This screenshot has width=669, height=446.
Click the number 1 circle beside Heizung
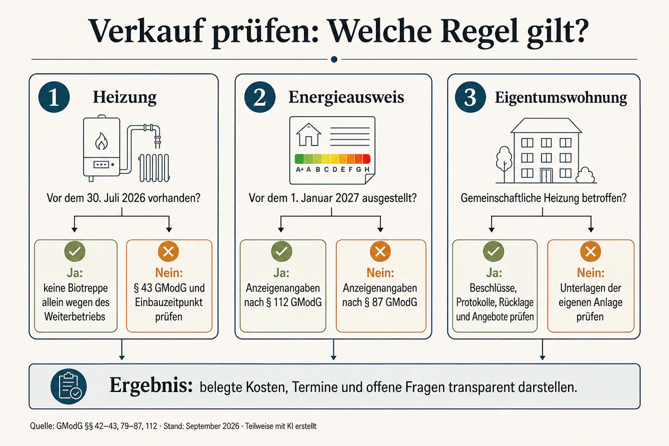tap(54, 97)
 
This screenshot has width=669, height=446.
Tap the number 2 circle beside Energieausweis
tap(260, 97)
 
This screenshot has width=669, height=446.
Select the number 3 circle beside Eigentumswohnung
tap(471, 97)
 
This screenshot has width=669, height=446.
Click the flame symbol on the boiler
tap(101, 141)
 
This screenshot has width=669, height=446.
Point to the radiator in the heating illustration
tap(154, 168)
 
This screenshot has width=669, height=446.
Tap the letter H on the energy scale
tap(367, 169)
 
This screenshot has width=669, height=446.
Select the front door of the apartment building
tap(546, 176)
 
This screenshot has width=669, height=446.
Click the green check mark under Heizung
tap(75, 251)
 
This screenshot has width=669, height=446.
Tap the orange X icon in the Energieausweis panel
tap(380, 251)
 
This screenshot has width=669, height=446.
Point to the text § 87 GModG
tap(391, 302)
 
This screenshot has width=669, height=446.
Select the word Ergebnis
tap(151, 385)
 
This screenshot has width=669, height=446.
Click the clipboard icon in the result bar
tap(69, 386)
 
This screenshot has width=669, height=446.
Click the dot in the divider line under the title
tap(334, 60)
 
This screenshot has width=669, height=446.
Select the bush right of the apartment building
tap(585, 176)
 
